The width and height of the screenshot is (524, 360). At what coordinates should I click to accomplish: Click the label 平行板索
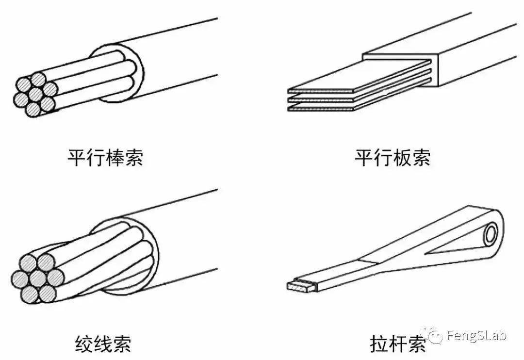click(x=393, y=158)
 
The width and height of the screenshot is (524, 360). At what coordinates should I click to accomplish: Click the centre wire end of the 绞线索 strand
click(x=38, y=278)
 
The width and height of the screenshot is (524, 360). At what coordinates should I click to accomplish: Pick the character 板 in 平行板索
click(x=402, y=158)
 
